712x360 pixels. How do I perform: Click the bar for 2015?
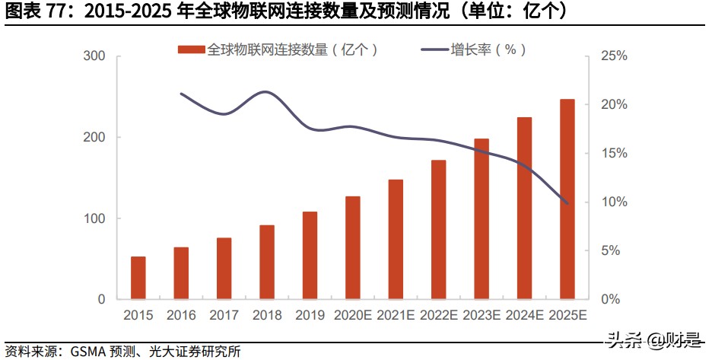[138, 278]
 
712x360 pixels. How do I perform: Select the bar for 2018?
[266, 262]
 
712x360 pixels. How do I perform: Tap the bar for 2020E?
[352, 247]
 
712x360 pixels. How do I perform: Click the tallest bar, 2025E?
[567, 199]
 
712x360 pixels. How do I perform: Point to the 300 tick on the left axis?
[94, 56]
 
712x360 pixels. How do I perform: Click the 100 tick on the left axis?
[94, 218]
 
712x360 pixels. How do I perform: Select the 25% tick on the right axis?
[613, 56]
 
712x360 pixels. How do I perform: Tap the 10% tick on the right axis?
[613, 202]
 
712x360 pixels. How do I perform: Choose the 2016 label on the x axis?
[180, 315]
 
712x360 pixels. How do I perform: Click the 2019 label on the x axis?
[309, 315]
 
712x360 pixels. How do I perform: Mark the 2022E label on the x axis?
[438, 315]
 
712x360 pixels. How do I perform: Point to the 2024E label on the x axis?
[524, 315]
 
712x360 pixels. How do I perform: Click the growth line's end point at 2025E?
[567, 203]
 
